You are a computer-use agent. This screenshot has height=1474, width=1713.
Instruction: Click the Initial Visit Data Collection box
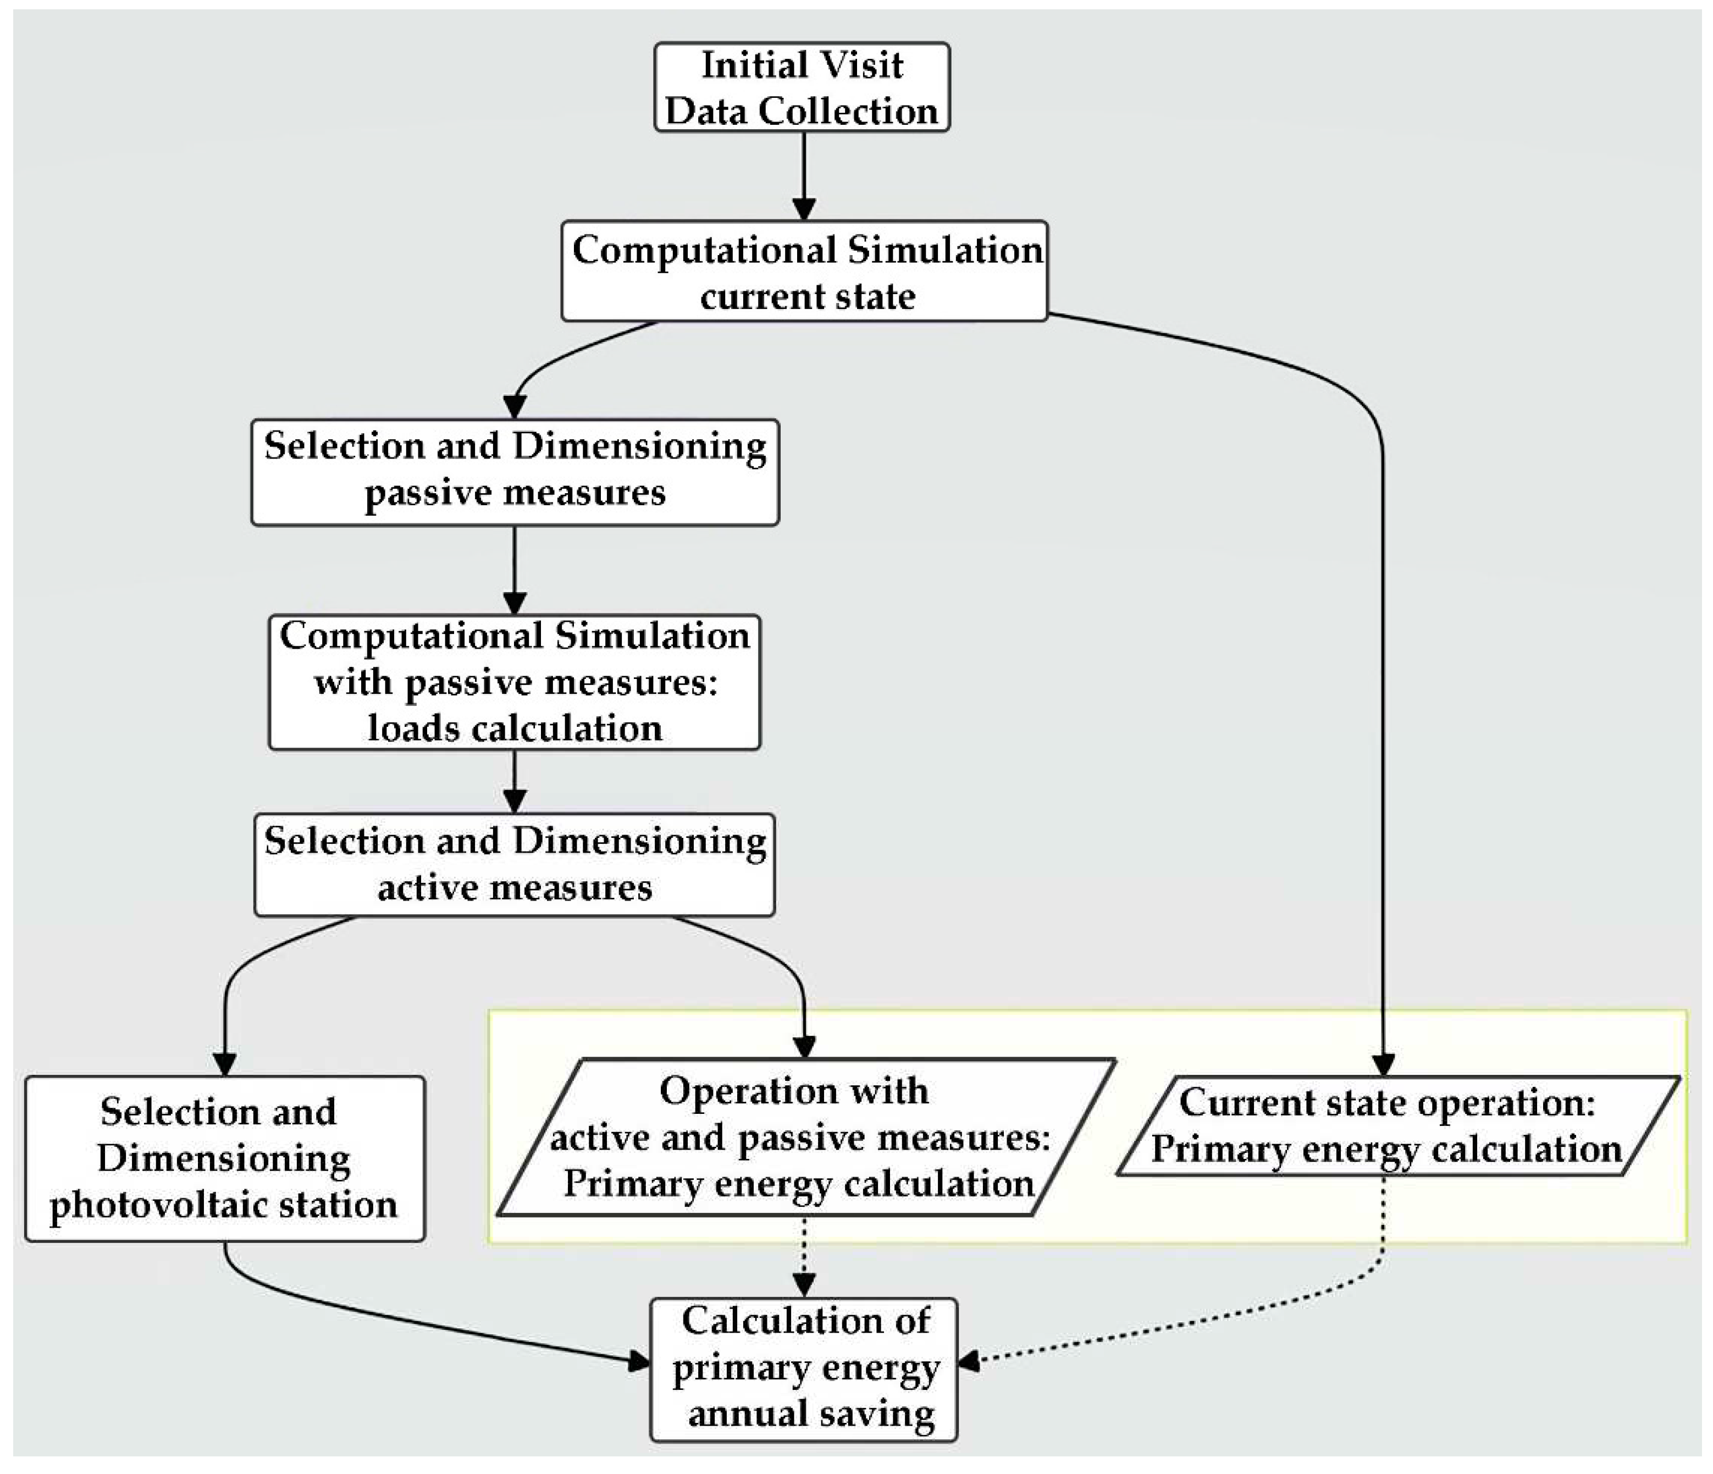tap(802, 87)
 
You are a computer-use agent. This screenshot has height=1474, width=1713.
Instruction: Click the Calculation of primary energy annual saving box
tap(804, 1368)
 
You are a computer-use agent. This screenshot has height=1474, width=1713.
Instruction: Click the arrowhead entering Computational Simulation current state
tap(804, 209)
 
